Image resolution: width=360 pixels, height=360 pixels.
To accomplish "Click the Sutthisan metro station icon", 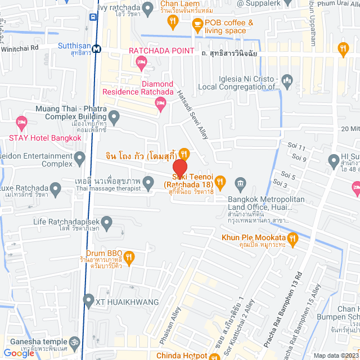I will click(97, 48).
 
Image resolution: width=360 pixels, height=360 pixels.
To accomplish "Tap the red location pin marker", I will click(179, 169).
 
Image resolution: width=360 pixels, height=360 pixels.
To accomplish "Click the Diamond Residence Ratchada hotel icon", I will click(161, 102).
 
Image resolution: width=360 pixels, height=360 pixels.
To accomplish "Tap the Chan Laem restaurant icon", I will click(173, 21).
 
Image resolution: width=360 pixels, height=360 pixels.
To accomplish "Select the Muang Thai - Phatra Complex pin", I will click(114, 118).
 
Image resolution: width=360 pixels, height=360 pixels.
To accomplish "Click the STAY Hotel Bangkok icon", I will click(22, 121).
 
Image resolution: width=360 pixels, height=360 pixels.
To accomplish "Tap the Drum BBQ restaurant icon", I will click(129, 258).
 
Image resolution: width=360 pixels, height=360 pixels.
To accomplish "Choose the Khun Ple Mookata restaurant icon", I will click(292, 241).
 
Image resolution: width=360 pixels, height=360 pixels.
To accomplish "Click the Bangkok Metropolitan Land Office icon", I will click(241, 183).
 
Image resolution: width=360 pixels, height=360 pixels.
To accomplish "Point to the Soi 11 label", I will click(298, 148).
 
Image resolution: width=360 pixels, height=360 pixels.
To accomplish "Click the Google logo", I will click(19, 353).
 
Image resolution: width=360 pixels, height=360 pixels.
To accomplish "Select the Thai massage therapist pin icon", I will click(148, 182).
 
